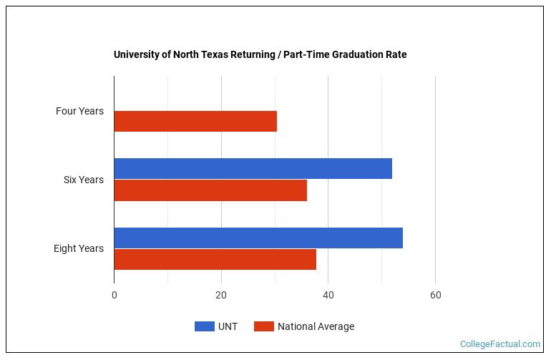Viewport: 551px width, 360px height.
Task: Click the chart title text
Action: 260,54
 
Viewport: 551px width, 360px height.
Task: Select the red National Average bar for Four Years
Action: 195,122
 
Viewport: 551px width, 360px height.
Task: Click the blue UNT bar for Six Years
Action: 253,168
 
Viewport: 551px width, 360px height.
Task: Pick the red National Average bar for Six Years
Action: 210,190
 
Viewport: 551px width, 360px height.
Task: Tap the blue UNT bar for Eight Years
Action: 258,238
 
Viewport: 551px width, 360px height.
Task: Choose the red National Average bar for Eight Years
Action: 215,260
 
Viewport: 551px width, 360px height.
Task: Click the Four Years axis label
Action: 79,111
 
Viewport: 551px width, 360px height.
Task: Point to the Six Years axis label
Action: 83,180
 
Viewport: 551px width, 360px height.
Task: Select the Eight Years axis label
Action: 79,248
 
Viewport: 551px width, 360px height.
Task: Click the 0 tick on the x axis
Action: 114,296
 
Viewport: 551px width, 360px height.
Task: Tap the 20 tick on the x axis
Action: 221,296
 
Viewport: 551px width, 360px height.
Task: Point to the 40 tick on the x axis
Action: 328,296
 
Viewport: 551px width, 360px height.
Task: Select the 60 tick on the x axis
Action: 435,296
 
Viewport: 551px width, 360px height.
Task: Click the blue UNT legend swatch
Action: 205,326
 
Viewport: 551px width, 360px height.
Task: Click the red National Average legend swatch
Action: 264,326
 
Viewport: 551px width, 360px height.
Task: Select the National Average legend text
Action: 316,326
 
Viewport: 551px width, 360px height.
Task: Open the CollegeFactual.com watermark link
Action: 499,344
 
